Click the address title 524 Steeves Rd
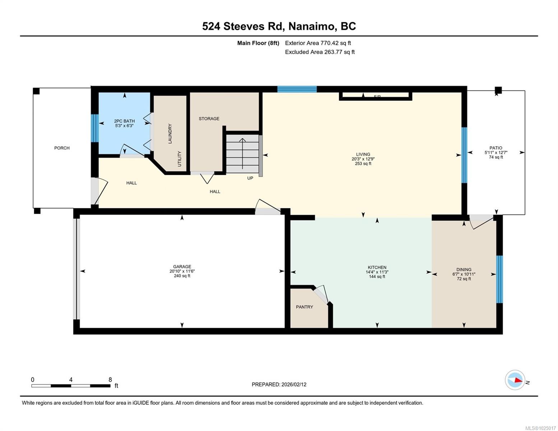pyautogui.click(x=279, y=26)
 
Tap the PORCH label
pyautogui.click(x=62, y=148)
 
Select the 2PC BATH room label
pyautogui.click(x=124, y=121)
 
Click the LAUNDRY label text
pyautogui.click(x=170, y=134)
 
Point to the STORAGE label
pyautogui.click(x=209, y=119)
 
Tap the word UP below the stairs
pyautogui.click(x=250, y=178)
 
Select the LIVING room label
pyautogui.click(x=363, y=154)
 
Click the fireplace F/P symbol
pyautogui.click(x=377, y=96)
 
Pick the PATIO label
pyautogui.click(x=495, y=148)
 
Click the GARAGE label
pyautogui.click(x=182, y=267)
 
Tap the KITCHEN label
pyautogui.click(x=377, y=268)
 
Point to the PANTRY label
pyautogui.click(x=304, y=307)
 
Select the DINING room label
pyautogui.click(x=464, y=270)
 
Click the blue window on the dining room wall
pyautogui.click(x=499, y=279)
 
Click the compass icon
pyautogui.click(x=515, y=380)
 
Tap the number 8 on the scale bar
pyautogui.click(x=110, y=380)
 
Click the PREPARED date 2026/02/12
pyautogui.click(x=279, y=384)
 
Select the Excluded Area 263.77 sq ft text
pyautogui.click(x=319, y=52)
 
